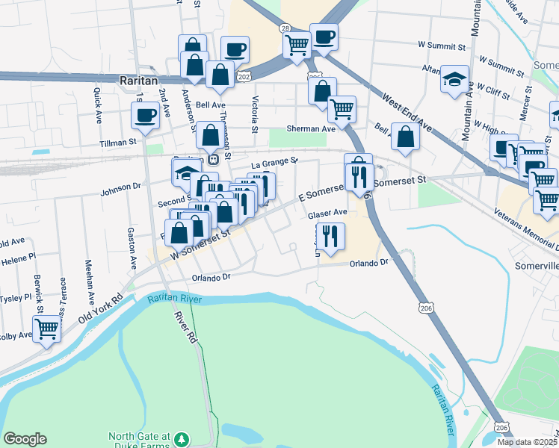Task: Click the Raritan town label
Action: [x=137, y=78]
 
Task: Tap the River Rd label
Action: [x=186, y=326]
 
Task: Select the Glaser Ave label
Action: [x=327, y=214]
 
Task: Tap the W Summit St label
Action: [x=442, y=46]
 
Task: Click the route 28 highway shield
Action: [x=285, y=28]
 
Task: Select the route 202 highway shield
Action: [x=245, y=76]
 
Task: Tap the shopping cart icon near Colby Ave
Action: [x=46, y=329]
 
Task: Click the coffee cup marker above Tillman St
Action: [x=145, y=116]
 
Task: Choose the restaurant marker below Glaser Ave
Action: [x=330, y=236]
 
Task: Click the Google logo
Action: [x=25, y=439]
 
